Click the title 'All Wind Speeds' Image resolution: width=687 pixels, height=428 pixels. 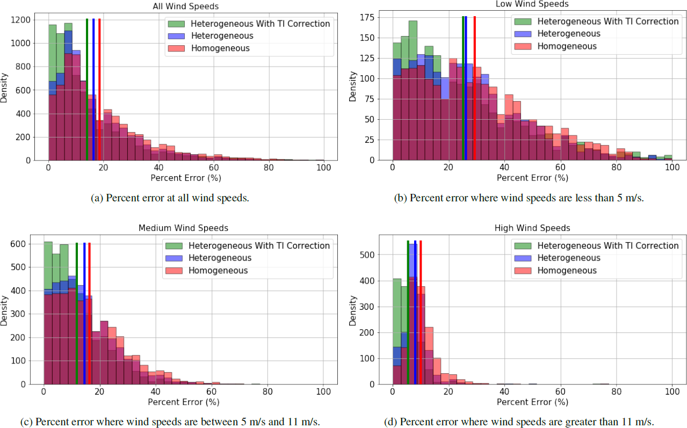[x=185, y=6]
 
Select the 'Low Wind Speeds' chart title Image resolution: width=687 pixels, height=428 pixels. [x=532, y=4]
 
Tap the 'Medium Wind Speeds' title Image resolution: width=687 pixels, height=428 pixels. [x=183, y=228]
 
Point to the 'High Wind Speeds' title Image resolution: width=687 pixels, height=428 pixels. [x=532, y=228]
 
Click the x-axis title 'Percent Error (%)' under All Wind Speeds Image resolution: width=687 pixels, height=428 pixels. [x=185, y=178]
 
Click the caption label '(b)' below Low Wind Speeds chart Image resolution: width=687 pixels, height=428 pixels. [x=401, y=198]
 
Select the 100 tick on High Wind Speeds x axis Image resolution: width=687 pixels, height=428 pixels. [x=672, y=394]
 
